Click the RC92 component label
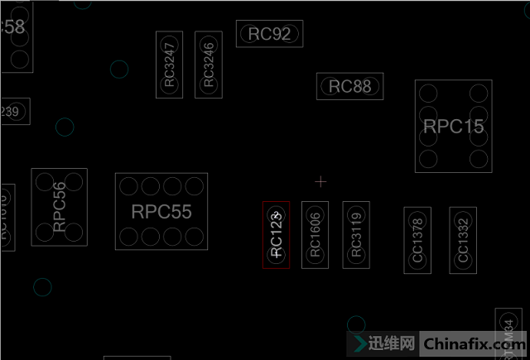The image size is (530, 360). tap(269, 34)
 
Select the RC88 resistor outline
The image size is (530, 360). tap(349, 86)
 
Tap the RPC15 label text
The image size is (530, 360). tap(453, 127)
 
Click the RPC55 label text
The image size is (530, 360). tap(161, 212)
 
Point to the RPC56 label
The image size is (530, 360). tap(59, 207)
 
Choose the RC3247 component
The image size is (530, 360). tap(170, 65)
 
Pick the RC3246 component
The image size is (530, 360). tap(209, 65)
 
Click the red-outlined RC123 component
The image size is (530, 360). tap(277, 235)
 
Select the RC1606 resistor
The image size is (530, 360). tap(315, 234)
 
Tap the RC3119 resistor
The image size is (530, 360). tap(356, 234)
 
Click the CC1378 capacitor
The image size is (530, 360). tap(417, 240)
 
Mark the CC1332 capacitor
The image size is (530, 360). tap(463, 240)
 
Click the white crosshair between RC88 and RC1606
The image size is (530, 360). tap(321, 180)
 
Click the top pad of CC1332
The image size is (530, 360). tap(463, 218)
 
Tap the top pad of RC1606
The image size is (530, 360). tap(315, 212)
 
